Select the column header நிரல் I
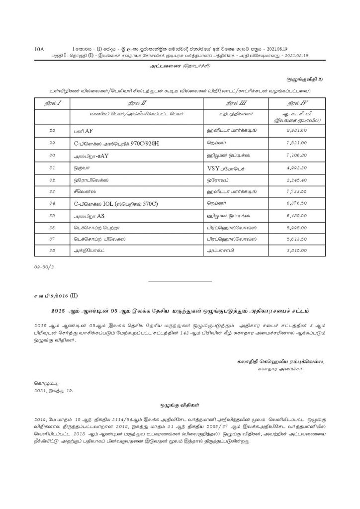coord(50,103)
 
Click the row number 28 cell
coord(50,131)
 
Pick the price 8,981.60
coord(300,131)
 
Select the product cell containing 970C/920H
coord(111,142)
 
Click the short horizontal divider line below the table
coord(180,281)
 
